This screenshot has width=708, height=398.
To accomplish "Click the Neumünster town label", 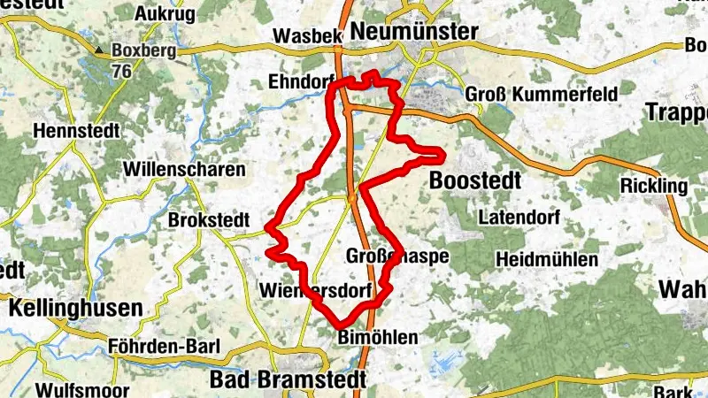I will (414, 32).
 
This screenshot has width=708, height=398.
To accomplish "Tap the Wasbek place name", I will (307, 36).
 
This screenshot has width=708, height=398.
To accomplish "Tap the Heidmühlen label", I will (547, 259).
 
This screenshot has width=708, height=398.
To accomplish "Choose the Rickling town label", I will (653, 186).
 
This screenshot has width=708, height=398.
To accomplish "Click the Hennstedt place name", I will (70, 130).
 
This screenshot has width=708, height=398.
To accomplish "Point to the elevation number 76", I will (121, 70).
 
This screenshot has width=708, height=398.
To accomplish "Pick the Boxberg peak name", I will (144, 51).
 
